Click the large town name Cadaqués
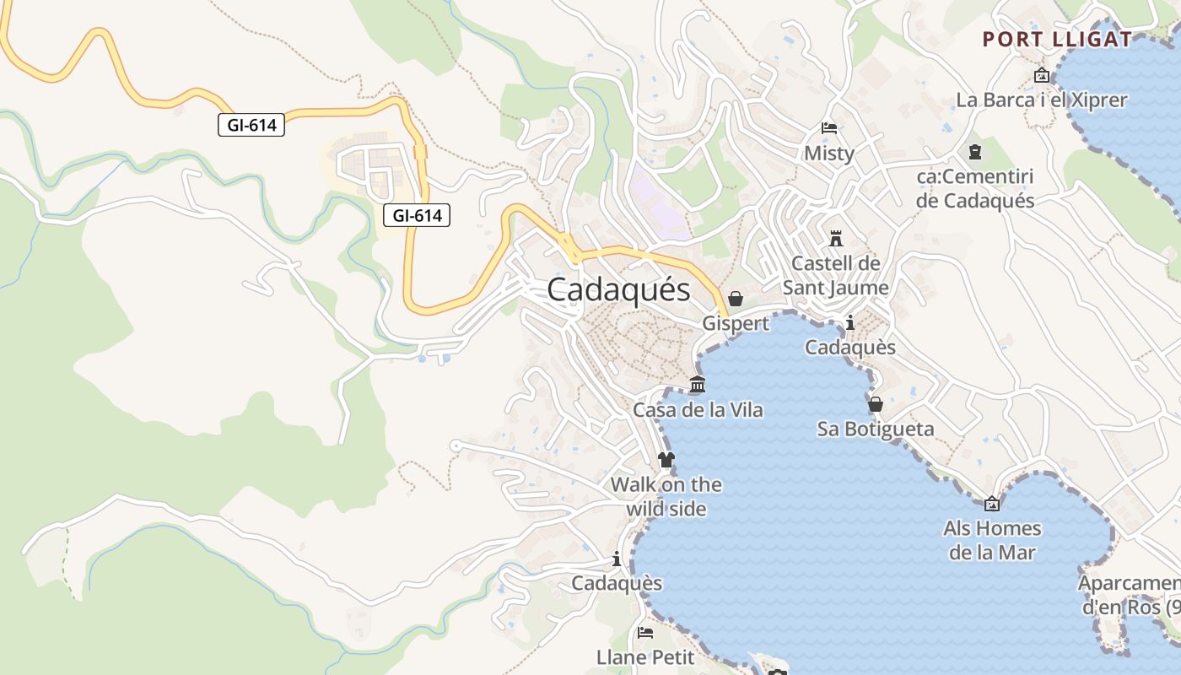(618, 289)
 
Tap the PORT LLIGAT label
(1057, 39)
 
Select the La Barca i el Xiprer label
(1041, 100)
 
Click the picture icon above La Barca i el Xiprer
(1042, 75)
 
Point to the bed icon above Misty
(829, 128)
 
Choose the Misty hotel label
(829, 154)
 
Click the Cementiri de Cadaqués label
(975, 189)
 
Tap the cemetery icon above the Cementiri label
(975, 153)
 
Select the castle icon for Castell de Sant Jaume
(836, 238)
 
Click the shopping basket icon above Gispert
(736, 299)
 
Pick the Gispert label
(736, 323)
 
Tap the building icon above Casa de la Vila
(698, 385)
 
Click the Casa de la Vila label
(698, 410)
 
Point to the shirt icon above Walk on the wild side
(666, 460)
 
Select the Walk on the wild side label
(666, 497)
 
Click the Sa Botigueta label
(876, 429)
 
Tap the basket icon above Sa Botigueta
(876, 404)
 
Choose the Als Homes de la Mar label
(992, 541)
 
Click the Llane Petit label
(645, 656)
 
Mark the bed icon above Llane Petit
(645, 632)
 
